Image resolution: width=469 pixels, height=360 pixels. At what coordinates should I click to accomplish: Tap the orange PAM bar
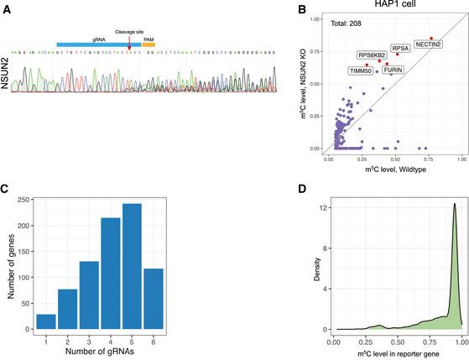pyautogui.click(x=149, y=44)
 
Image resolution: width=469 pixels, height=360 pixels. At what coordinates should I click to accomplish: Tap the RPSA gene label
pyautogui.click(x=400, y=49)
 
